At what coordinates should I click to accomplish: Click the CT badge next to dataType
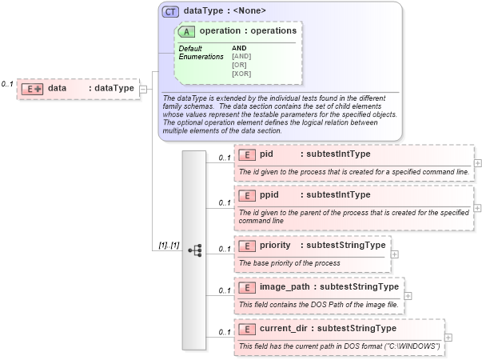(170, 11)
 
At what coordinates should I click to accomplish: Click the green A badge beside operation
(187, 31)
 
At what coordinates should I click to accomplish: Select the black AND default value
(239, 48)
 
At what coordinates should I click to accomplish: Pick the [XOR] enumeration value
(241, 74)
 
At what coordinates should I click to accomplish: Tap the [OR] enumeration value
(239, 65)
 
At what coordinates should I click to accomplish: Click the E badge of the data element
(31, 88)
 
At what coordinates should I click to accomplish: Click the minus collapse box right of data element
(143, 88)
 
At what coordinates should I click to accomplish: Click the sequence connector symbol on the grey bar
(194, 250)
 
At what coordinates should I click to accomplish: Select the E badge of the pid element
(246, 154)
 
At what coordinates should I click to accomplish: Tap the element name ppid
(269, 194)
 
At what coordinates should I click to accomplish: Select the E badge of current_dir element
(246, 328)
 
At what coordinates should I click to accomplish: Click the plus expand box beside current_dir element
(448, 337)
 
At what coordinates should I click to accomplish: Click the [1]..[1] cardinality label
(169, 245)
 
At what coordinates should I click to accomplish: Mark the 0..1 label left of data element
(7, 83)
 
